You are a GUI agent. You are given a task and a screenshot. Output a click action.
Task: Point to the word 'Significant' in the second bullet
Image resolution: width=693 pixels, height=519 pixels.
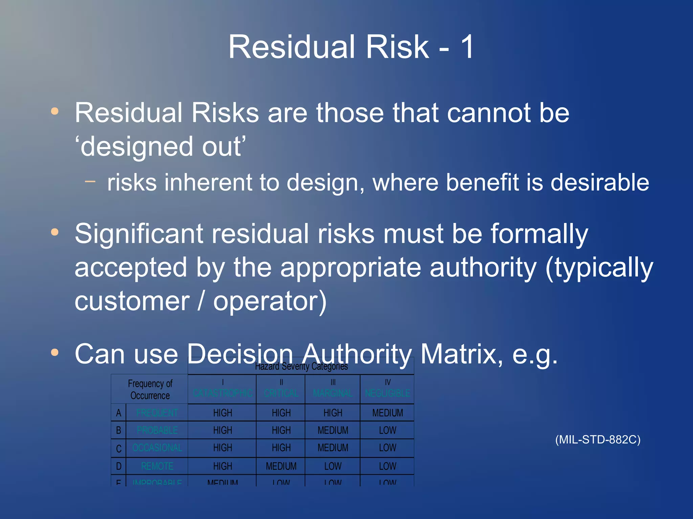coord(139,234)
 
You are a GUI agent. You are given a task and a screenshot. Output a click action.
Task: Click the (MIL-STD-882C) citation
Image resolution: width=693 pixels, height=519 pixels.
coord(598,440)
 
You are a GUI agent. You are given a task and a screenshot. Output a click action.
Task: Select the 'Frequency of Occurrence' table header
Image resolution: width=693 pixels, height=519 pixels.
coord(150,390)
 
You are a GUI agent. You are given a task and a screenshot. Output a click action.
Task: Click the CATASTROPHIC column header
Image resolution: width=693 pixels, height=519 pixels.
coord(223,393)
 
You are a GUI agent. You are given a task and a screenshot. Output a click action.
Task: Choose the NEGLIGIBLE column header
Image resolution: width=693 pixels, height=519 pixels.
coord(387,393)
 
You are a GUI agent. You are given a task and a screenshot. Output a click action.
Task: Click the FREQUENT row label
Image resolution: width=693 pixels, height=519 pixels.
coord(157,413)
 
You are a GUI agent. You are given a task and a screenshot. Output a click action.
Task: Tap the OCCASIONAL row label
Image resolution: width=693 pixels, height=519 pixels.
coord(157,448)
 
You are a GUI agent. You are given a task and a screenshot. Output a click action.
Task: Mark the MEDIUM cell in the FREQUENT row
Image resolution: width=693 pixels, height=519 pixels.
coord(387,413)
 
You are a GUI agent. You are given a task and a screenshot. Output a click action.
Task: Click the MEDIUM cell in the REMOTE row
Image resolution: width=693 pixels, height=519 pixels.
coord(281,466)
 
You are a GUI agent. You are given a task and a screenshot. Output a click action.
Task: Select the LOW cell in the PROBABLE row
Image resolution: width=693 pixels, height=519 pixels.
coord(387,430)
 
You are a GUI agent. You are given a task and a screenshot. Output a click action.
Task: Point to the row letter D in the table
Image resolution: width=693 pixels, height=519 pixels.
coord(118,466)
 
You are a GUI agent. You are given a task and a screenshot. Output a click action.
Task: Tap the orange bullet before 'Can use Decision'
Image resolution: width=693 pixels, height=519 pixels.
coord(54,353)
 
